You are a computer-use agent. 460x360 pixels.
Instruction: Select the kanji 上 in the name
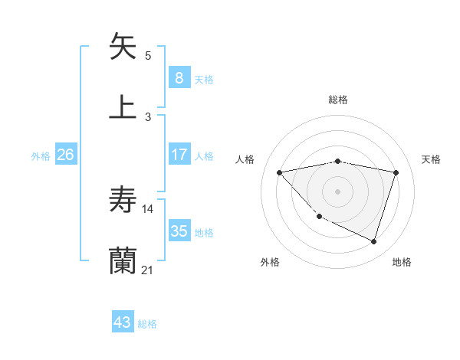[x=123, y=106]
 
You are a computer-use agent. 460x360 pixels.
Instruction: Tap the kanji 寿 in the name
[x=123, y=201]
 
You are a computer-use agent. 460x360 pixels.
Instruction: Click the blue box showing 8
[x=179, y=77]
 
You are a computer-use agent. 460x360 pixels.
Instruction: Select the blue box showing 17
[x=179, y=155]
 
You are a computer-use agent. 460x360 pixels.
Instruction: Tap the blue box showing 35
[x=179, y=231]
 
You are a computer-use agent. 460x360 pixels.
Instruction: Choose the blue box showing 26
[x=65, y=155]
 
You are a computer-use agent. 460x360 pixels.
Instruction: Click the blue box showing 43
[x=122, y=322]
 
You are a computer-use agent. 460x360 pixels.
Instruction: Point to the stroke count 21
[x=147, y=270]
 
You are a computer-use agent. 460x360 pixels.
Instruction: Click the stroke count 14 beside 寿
[x=147, y=209]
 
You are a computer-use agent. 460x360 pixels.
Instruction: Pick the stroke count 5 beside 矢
[x=148, y=55]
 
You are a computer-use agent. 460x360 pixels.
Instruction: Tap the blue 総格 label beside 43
[x=147, y=324]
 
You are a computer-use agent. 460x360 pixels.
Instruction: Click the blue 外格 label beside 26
[x=41, y=156]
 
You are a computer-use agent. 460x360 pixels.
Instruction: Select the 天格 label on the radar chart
[x=432, y=159]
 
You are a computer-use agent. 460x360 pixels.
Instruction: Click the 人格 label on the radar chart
[x=245, y=159]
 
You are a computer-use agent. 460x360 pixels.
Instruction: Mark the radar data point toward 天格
[x=396, y=172]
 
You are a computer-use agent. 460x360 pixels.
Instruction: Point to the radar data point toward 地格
[x=373, y=241]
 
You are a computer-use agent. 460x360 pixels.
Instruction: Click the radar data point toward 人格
[x=279, y=172]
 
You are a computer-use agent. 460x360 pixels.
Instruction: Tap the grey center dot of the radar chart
[x=337, y=191]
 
